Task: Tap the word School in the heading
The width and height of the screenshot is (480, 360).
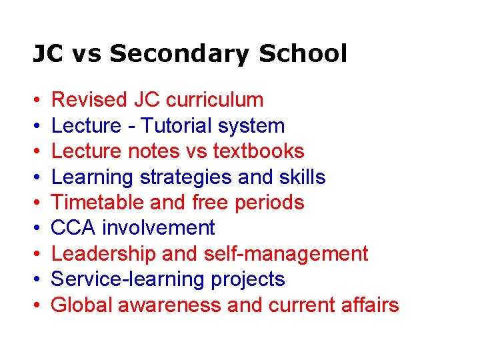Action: coord(303,53)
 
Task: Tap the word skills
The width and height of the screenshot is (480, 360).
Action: coord(303,177)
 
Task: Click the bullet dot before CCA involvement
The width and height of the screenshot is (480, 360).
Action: coord(36,229)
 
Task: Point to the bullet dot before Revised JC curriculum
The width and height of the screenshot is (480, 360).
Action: coord(36,101)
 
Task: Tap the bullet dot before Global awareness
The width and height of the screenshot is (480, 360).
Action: coord(36,305)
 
